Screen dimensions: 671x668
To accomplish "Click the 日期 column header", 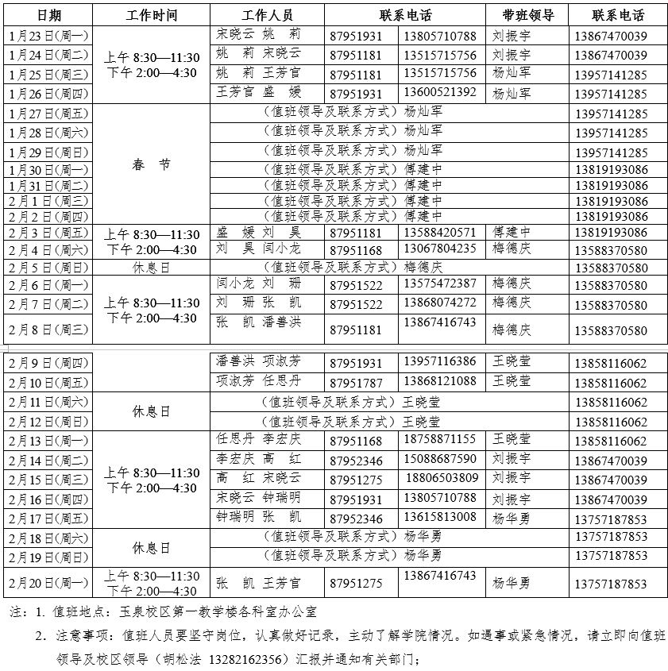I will pyautogui.click(x=48, y=15).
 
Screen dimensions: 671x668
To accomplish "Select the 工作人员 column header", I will pyautogui.click(x=268, y=15).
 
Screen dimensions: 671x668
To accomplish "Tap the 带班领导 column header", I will pyautogui.click(x=527, y=15).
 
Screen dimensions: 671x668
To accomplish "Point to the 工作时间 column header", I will pyautogui.click(x=152, y=15).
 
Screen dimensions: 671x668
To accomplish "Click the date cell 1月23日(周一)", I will pyautogui.click(x=48, y=36).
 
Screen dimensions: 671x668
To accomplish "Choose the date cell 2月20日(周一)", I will pyautogui.click(x=48, y=583).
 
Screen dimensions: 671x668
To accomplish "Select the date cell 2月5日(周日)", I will pyautogui.click(x=48, y=268).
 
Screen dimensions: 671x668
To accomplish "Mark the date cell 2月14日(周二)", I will pyautogui.click(x=48, y=461).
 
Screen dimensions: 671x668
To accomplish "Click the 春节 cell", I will pyautogui.click(x=152, y=165).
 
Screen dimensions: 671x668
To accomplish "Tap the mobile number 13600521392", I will pyautogui.click(x=440, y=92).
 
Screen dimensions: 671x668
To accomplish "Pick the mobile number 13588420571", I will pyautogui.click(x=440, y=233).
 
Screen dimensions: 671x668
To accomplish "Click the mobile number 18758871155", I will pyautogui.click(x=440, y=439).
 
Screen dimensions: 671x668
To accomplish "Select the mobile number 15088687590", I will pyautogui.click(x=440, y=459).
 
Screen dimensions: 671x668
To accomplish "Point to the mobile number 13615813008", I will pyautogui.click(x=440, y=517).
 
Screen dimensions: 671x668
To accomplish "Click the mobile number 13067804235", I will pyautogui.click(x=440, y=249).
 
